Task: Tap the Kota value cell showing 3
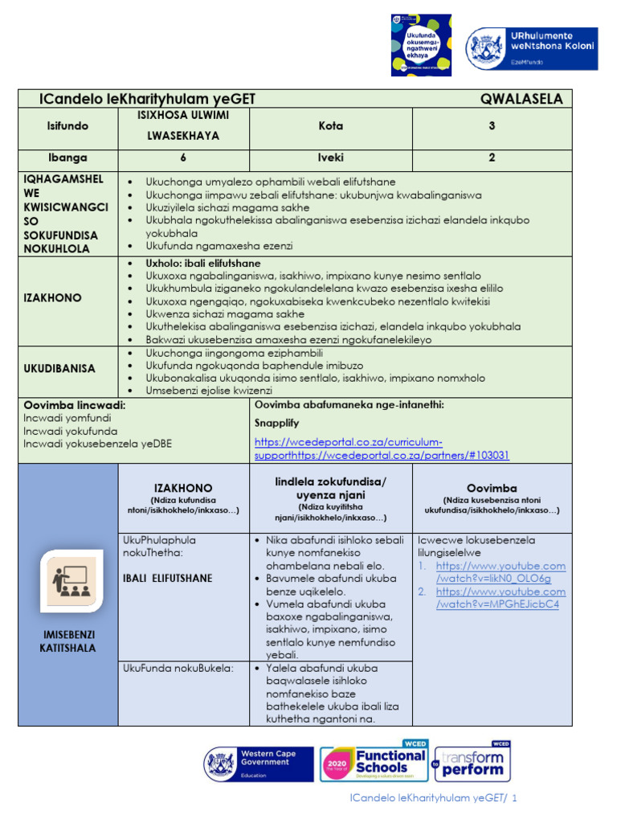pos(492,126)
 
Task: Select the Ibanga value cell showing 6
pos(182,158)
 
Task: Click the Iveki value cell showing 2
pos(492,158)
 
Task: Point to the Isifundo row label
pos(68,126)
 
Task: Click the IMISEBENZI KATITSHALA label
pos(68,641)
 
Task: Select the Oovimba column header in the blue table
pos(492,488)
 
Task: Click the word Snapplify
pos(277,423)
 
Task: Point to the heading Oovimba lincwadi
pos(74,405)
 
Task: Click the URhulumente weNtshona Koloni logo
pos(532,50)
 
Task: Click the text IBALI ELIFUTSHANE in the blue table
pos(167,578)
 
